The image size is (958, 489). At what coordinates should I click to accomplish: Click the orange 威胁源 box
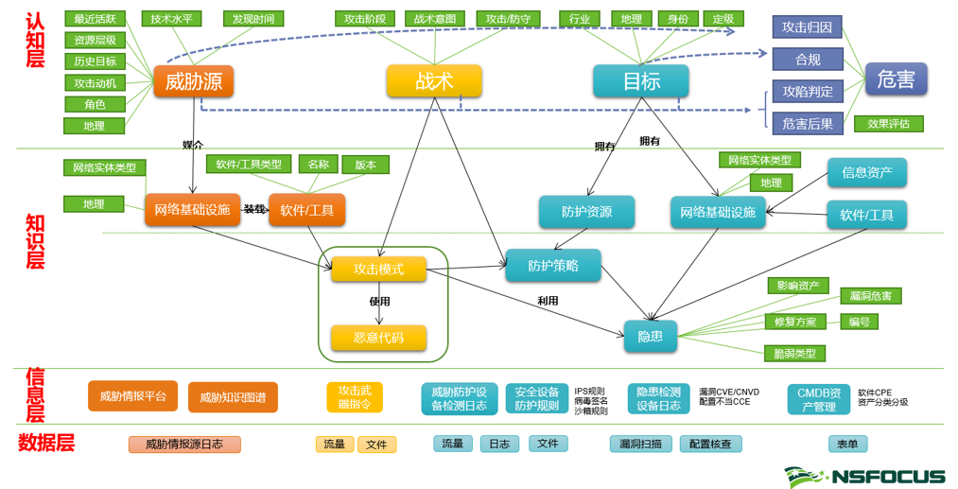[x=194, y=81]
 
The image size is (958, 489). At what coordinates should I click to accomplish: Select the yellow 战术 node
[x=434, y=81]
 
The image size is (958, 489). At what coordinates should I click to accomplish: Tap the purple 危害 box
[x=896, y=80]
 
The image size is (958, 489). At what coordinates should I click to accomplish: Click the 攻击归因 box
[x=807, y=27]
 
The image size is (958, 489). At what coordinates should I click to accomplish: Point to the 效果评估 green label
[x=888, y=124]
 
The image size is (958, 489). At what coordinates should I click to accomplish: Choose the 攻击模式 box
[x=378, y=270]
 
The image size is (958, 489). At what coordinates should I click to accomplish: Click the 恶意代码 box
[x=378, y=338]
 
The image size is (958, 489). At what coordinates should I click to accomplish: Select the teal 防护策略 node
[x=553, y=266]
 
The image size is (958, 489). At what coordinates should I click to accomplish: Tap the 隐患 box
[x=650, y=336]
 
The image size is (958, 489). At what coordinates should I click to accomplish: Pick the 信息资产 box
[x=867, y=172]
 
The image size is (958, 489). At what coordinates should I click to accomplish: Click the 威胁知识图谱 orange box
[x=233, y=398]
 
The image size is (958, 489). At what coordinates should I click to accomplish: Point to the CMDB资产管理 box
[x=818, y=399]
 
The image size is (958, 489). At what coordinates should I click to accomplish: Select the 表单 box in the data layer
[x=847, y=444]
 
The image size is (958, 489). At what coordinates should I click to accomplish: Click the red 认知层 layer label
[x=35, y=40]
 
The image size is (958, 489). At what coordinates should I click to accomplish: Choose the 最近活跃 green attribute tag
[x=96, y=19]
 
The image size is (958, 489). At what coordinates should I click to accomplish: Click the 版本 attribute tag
[x=365, y=165]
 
